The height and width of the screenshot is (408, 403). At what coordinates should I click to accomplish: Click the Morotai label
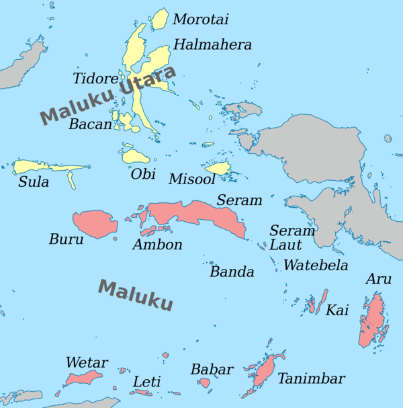(x=201, y=20)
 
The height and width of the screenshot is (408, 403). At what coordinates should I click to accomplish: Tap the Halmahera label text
(x=212, y=45)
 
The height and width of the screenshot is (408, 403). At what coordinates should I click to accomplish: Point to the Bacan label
(x=90, y=125)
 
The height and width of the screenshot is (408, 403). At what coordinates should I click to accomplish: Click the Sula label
(x=34, y=182)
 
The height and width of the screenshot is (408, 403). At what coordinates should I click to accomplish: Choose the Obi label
(x=143, y=175)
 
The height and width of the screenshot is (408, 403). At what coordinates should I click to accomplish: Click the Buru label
(x=66, y=239)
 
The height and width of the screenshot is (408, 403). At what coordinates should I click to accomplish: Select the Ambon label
(x=157, y=245)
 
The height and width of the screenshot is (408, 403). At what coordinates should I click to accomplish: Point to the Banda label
(x=232, y=272)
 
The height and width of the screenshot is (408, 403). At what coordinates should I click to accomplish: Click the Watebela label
(x=316, y=266)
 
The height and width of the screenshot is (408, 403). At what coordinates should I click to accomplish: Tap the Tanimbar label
(x=311, y=379)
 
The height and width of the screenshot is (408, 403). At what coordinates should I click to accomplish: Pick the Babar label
(x=212, y=370)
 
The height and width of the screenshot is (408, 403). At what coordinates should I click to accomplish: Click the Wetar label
(x=87, y=364)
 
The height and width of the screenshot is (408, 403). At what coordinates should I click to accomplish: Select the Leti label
(x=147, y=382)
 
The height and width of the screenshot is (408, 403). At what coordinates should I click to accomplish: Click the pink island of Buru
(x=95, y=224)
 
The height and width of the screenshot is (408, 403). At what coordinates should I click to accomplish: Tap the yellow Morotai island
(x=159, y=19)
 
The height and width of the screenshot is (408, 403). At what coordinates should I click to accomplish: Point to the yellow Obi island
(x=136, y=157)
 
